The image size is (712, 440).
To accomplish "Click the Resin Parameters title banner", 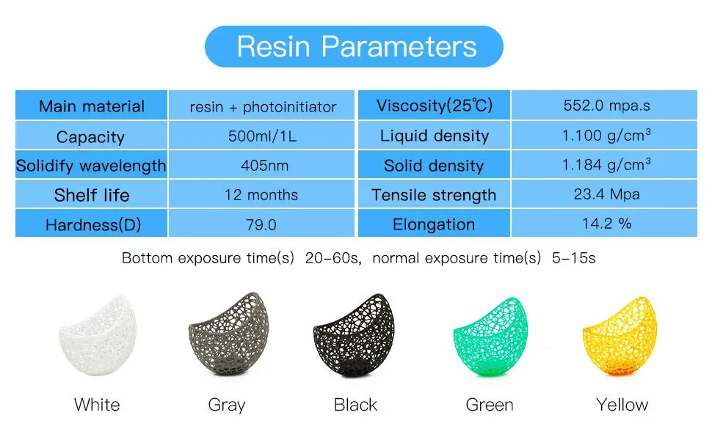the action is pos(355,46).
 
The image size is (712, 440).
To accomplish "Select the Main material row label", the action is pos(92,106).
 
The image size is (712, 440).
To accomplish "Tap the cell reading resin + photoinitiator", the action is pos(263,107).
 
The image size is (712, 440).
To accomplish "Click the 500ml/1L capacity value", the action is pos(263,136).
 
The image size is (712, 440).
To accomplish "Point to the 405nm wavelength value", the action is pos(264,165).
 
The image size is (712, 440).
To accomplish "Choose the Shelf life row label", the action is pos(92,195).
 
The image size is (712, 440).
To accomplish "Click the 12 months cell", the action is pos(261,194).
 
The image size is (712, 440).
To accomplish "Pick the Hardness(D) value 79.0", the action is pos(261,224).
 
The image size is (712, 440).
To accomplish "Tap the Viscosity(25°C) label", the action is pos(435,106).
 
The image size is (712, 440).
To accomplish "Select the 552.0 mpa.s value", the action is pos(606,106).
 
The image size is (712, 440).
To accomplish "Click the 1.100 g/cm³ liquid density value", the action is pos(606,135).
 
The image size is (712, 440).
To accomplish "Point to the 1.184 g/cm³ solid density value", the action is pos(606,164).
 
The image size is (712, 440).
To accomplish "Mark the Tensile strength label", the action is pos(434,195).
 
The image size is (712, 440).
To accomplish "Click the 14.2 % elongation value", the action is pos(606,223).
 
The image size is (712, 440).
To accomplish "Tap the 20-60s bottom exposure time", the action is pos(333,257).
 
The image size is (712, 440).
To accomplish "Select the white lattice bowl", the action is pos(98,336).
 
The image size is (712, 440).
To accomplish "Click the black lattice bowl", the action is pos(354,336).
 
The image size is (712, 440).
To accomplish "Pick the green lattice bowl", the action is pos(490,337).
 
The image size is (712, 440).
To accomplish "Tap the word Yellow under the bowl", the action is pos(622,405).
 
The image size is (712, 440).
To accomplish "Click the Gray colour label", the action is pos(227,405).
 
